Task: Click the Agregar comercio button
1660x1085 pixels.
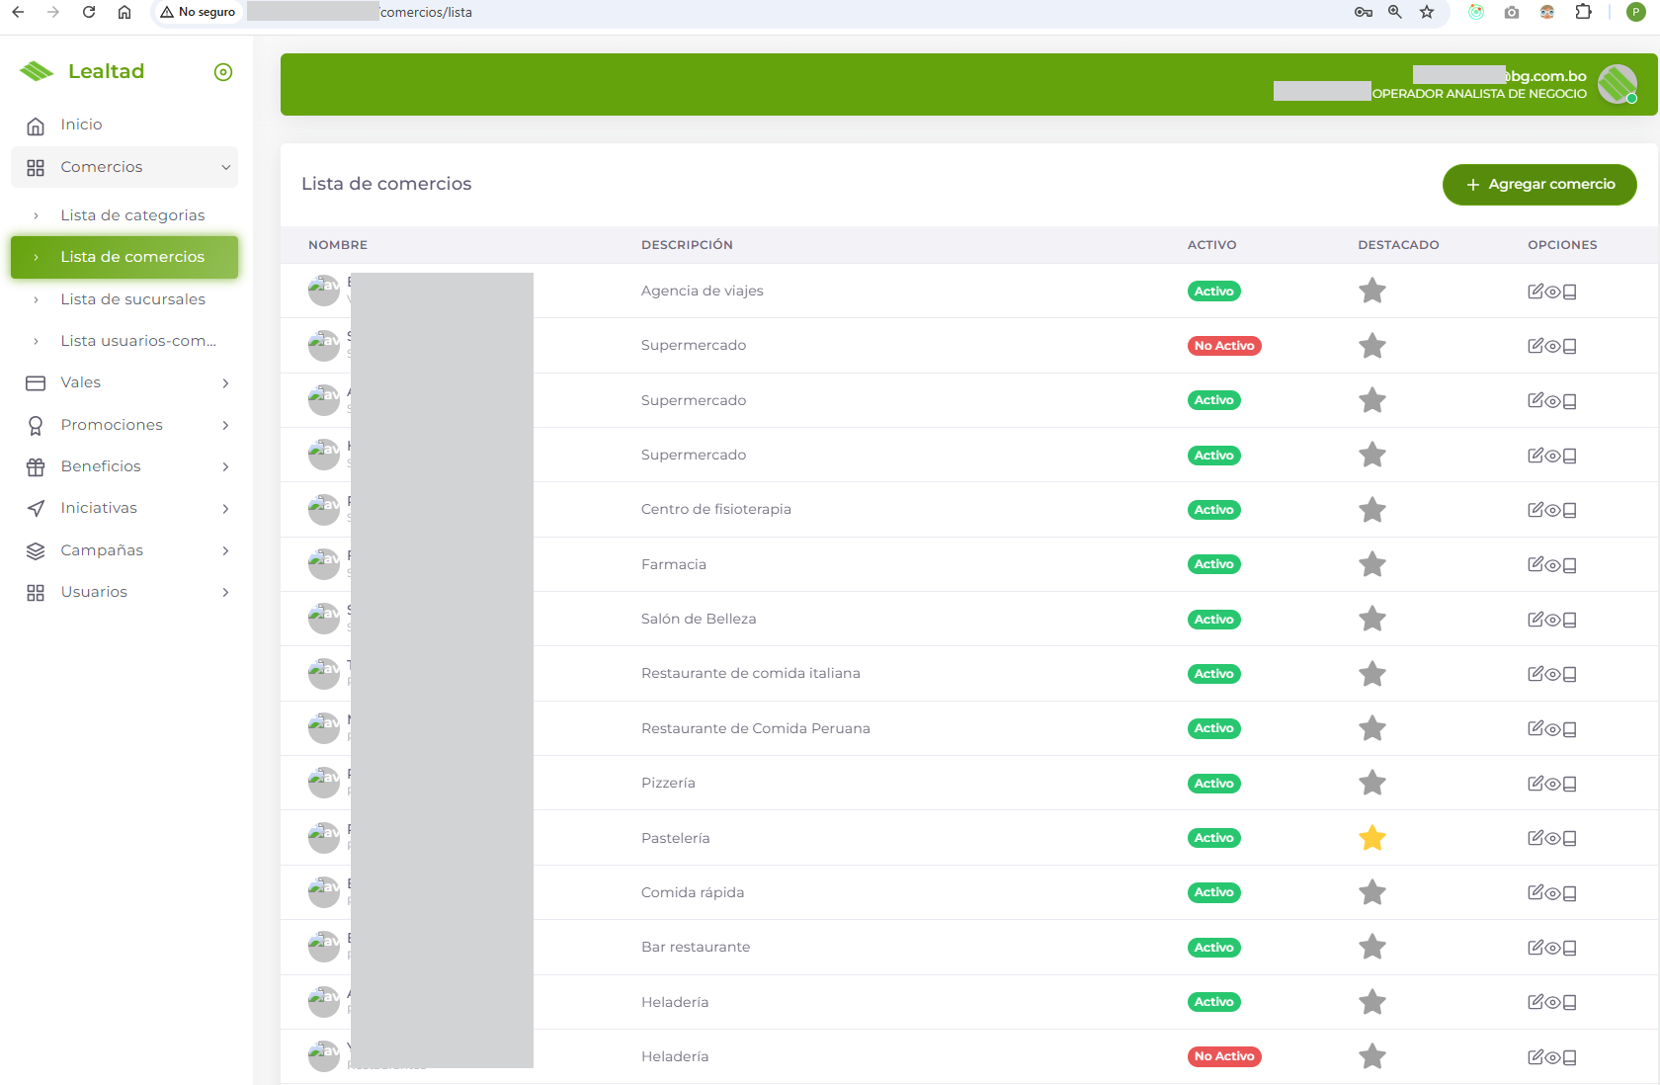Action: tap(1538, 185)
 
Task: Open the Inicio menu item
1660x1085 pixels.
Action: tap(81, 125)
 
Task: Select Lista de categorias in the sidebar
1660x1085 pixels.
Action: tap(132, 215)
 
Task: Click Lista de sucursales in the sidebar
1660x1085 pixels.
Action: tap(132, 299)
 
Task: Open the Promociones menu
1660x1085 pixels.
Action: tap(112, 425)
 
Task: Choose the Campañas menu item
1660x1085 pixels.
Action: tap(102, 550)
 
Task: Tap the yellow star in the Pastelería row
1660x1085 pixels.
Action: tap(1371, 838)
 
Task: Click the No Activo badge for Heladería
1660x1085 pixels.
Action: tap(1223, 1056)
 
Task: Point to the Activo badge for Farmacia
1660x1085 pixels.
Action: tap(1213, 564)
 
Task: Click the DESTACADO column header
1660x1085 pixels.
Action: tap(1397, 245)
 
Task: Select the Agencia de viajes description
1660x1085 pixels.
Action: tap(702, 291)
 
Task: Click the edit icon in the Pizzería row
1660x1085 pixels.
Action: tap(1535, 784)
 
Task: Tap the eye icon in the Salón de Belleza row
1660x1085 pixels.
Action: tap(1552, 620)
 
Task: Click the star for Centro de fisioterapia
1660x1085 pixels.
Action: tap(1371, 510)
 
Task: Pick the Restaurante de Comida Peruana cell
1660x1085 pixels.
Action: tap(755, 728)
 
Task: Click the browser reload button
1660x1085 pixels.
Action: tap(89, 12)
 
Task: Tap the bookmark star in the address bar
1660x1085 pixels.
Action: tap(1426, 12)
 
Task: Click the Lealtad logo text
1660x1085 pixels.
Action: tap(106, 71)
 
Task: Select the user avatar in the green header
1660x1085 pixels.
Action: tap(1617, 84)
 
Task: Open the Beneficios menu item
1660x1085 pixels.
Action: tap(101, 466)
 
